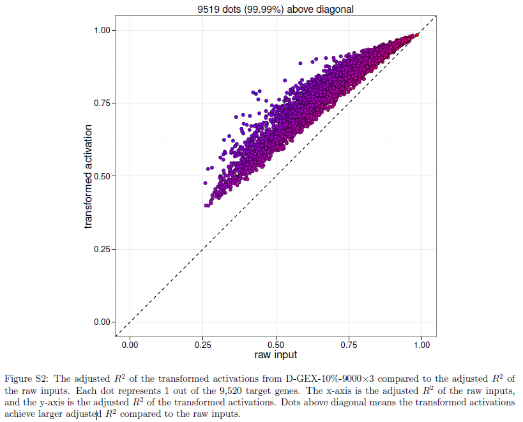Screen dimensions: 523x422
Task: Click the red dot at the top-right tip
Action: point(416,35)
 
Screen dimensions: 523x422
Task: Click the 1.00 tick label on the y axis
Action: point(102,31)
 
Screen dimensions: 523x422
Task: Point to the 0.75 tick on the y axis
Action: point(102,103)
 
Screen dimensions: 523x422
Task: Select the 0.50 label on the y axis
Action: point(102,176)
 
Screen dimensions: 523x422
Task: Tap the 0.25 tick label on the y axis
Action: point(102,250)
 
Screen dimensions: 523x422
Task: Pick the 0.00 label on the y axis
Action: point(102,322)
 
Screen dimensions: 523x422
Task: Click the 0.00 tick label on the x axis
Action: point(130,345)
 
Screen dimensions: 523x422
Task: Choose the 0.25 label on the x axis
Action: point(203,345)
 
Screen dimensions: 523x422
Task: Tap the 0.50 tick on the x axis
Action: point(276,345)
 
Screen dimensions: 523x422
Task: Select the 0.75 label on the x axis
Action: point(349,345)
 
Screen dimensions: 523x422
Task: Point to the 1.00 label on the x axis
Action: point(422,345)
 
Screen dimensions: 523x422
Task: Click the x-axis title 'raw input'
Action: point(275,355)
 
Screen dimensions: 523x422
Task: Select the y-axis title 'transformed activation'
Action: point(87,177)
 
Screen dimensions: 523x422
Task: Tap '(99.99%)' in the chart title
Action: point(264,10)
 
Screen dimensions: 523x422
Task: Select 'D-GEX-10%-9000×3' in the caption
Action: point(330,379)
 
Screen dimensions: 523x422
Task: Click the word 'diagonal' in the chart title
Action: point(335,10)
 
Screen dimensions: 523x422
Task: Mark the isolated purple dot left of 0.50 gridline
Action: point(205,183)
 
